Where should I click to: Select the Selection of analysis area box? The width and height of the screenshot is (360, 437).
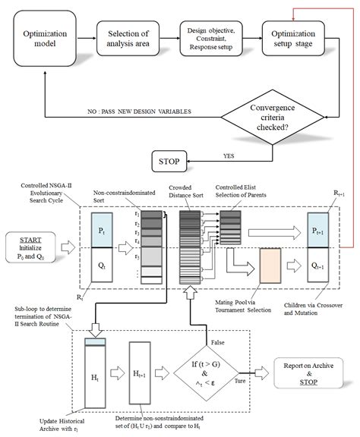[x=126, y=40]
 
